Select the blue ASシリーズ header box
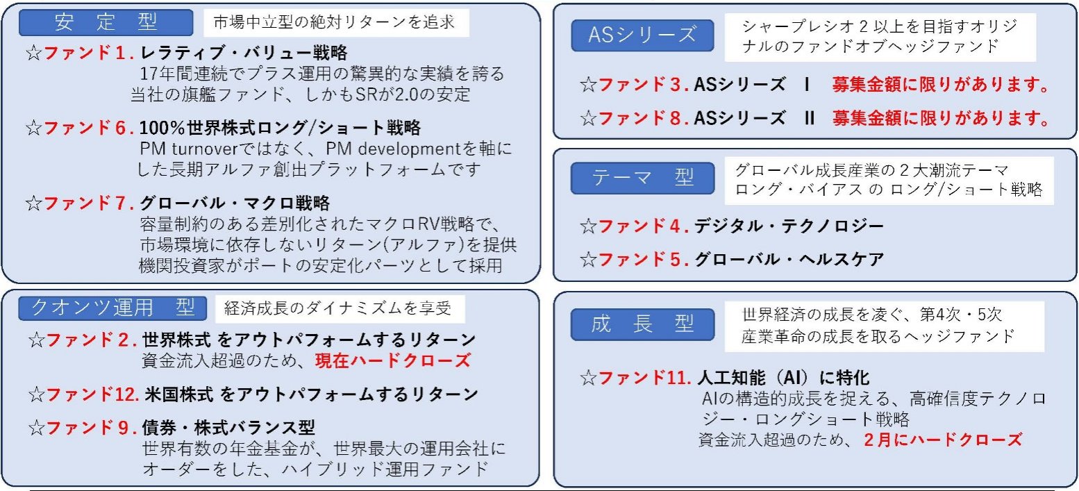642,35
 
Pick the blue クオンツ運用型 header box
112,308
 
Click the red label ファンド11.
645,378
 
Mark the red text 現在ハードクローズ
393,361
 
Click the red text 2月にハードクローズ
943,440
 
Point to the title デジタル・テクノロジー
789,226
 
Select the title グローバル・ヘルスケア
789,260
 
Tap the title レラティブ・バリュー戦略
244,53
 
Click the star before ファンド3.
588,85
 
